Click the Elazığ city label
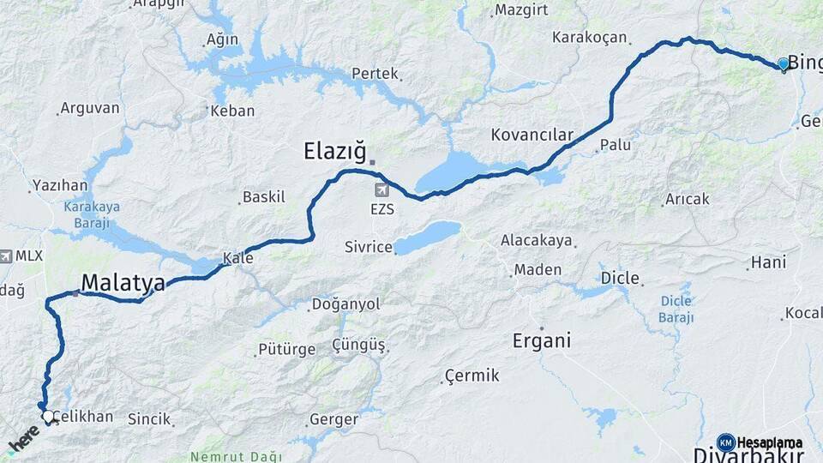pos(334,152)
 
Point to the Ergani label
pos(541,340)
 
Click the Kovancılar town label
pos(532,135)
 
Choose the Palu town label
pos(615,145)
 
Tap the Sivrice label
pos(368,247)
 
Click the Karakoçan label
pos(590,38)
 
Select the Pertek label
pos(375,74)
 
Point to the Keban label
pos(232,111)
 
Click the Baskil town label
pos(264,197)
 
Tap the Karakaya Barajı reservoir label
pos(92,214)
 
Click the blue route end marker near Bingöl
pos(783,63)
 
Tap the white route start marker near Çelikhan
pos(48,417)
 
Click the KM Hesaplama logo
pos(760,442)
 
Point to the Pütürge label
pos(281,350)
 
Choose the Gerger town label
pos(333,419)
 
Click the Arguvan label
pos(89,109)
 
